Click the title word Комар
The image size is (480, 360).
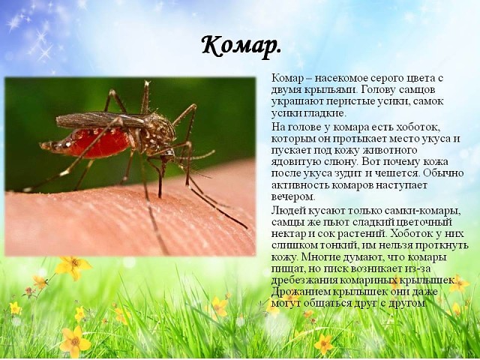pyautogui.click(x=241, y=46)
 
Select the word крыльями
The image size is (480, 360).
pyautogui.click(x=330, y=90)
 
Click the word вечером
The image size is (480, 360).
pyautogui.click(x=293, y=196)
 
